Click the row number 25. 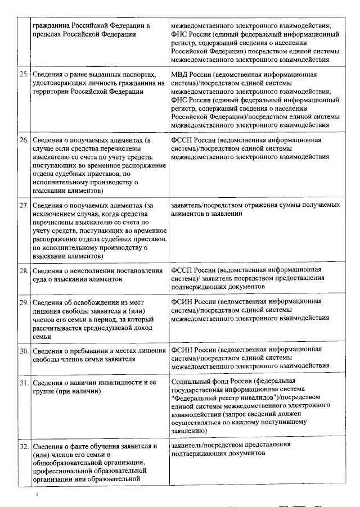[24, 75]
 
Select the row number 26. [24, 139]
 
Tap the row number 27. [24, 205]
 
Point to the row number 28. [24, 271]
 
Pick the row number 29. [24, 302]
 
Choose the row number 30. [24, 351]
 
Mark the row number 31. [24, 383]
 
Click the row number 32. [24, 447]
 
